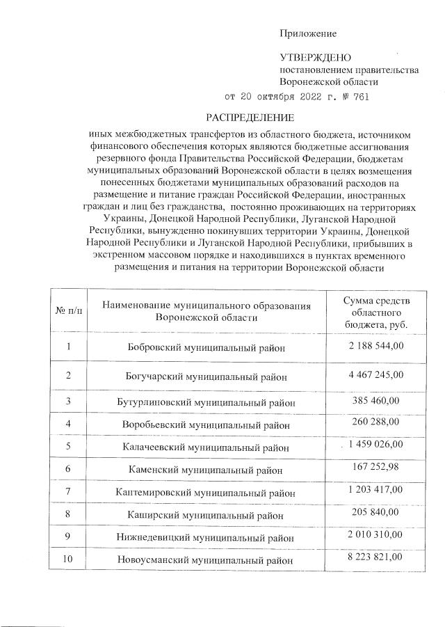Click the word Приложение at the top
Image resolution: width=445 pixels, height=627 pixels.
click(307, 33)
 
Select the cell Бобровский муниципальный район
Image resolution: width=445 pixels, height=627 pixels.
click(207, 347)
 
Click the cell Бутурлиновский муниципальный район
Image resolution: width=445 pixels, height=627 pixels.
click(207, 402)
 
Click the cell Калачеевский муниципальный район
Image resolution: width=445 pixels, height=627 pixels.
click(207, 447)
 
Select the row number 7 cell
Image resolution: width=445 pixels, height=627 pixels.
click(68, 492)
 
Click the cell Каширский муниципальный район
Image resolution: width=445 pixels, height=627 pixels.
click(207, 515)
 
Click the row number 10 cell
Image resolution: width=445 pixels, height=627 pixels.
click(68, 559)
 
